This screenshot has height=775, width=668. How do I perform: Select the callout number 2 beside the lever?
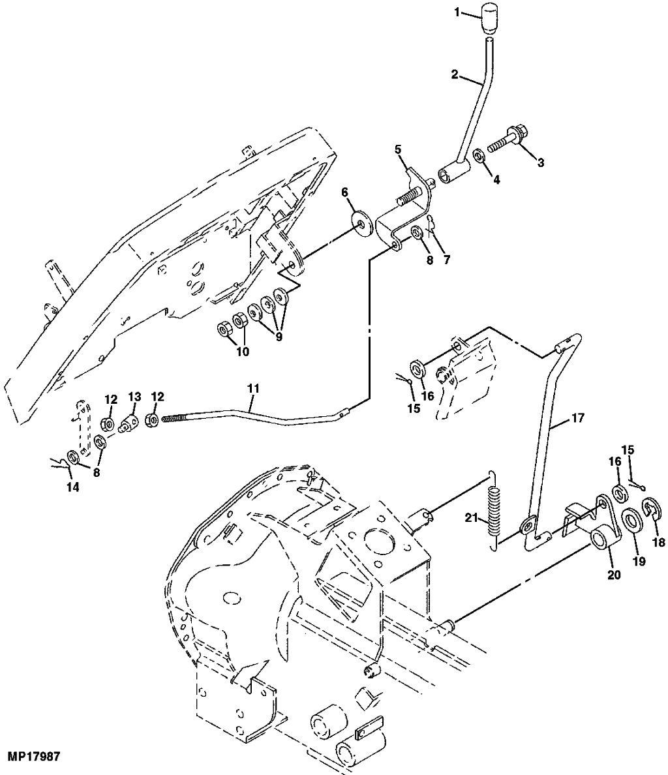pyautogui.click(x=454, y=74)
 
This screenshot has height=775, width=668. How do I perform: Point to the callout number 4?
pyautogui.click(x=496, y=180)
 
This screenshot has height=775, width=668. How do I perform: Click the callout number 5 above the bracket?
pyautogui.click(x=397, y=149)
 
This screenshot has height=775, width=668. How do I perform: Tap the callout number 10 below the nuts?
pyautogui.click(x=243, y=352)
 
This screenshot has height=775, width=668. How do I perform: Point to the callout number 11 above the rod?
pyautogui.click(x=253, y=389)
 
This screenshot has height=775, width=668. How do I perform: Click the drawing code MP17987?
pyautogui.click(x=33, y=757)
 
